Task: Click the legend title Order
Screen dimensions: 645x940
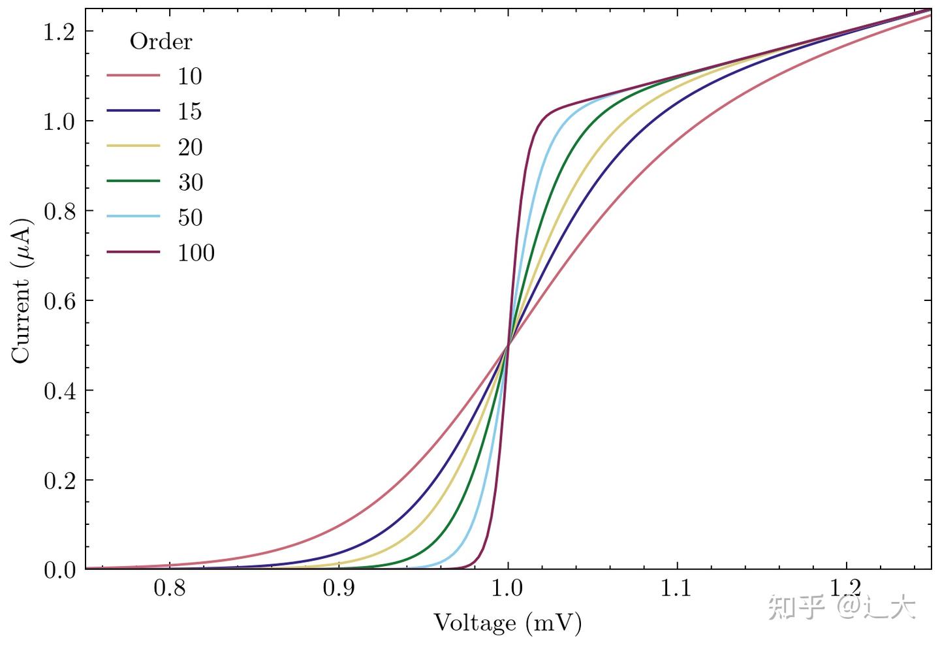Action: (161, 41)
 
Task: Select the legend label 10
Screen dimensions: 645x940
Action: (190, 76)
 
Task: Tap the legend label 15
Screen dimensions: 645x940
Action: (190, 112)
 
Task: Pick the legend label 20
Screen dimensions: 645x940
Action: (190, 147)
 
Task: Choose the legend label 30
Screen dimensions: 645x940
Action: (190, 182)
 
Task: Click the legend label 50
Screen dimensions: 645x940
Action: (190, 217)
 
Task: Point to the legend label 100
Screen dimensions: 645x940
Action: (196, 253)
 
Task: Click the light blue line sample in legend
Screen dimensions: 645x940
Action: (133, 217)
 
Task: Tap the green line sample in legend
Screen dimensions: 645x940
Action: (133, 181)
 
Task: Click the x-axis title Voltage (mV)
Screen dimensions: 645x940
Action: (507, 623)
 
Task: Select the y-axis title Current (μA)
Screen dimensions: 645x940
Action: (21, 290)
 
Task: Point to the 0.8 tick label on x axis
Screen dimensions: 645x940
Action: (169, 589)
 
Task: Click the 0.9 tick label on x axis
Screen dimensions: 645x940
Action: (338, 589)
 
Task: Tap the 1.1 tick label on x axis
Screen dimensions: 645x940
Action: (676, 589)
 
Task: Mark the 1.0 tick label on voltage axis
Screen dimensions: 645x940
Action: (507, 589)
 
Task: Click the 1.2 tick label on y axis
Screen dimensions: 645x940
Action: (59, 32)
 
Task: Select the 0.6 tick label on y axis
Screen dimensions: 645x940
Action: (59, 301)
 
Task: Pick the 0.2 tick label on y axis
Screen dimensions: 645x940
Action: (59, 480)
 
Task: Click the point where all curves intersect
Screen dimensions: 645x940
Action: (508, 345)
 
